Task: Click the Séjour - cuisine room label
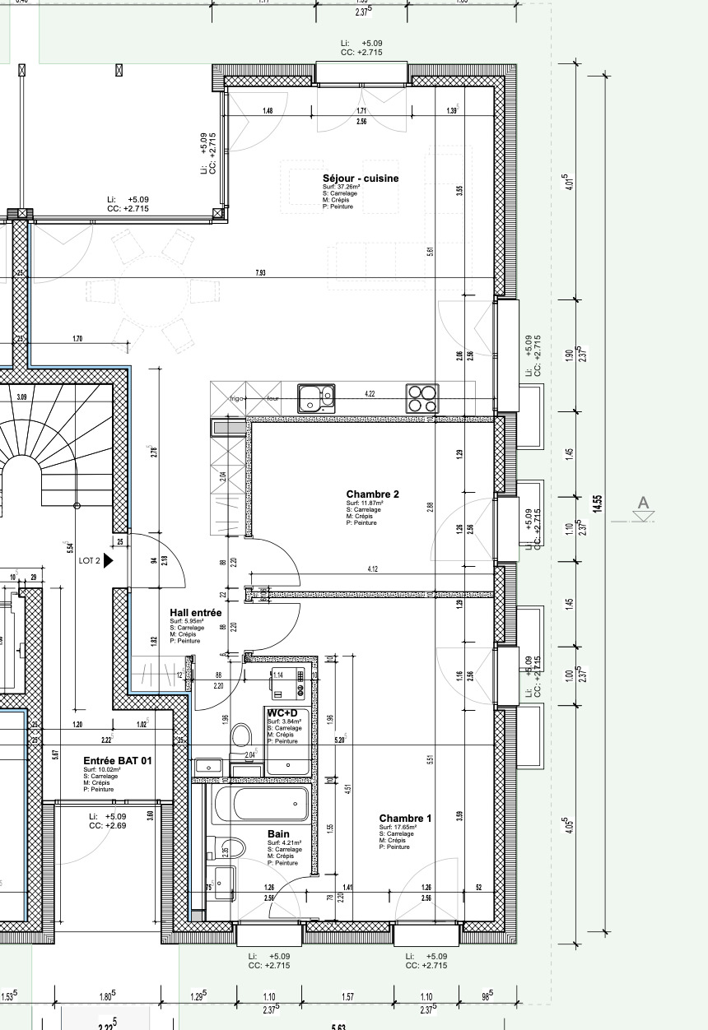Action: (360, 179)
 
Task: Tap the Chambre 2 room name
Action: (372, 494)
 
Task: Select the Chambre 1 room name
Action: (405, 818)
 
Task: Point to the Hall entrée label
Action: (195, 613)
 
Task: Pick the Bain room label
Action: (278, 834)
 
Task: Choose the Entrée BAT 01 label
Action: (118, 761)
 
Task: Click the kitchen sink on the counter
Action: (316, 398)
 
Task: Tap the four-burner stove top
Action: (422, 398)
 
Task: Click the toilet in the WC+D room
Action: (241, 734)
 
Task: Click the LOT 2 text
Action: (89, 560)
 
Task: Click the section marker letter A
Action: (644, 503)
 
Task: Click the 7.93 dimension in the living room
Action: (260, 272)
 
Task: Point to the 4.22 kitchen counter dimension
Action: (370, 394)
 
